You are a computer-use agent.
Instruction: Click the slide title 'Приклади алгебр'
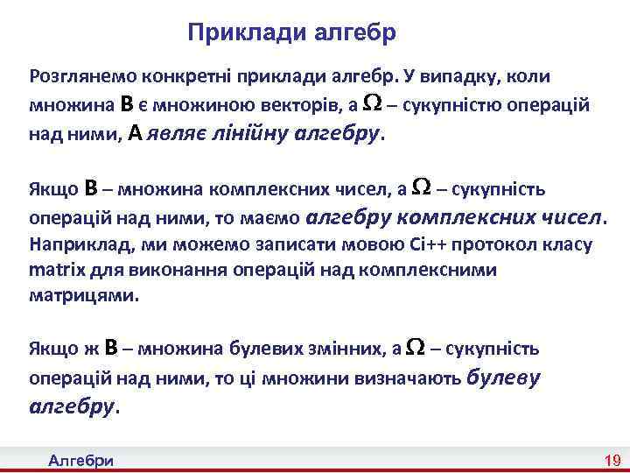pyautogui.click(x=292, y=33)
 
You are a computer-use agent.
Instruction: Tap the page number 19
pyautogui.click(x=612, y=461)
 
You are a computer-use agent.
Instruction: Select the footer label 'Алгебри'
pyautogui.click(x=87, y=461)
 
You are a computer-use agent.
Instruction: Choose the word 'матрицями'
pyautogui.click(x=84, y=296)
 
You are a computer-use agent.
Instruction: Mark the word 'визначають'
pyautogui.click(x=409, y=379)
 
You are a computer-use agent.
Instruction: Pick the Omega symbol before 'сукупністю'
pyautogui.click(x=371, y=104)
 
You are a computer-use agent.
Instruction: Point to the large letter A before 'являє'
pyautogui.click(x=135, y=133)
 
